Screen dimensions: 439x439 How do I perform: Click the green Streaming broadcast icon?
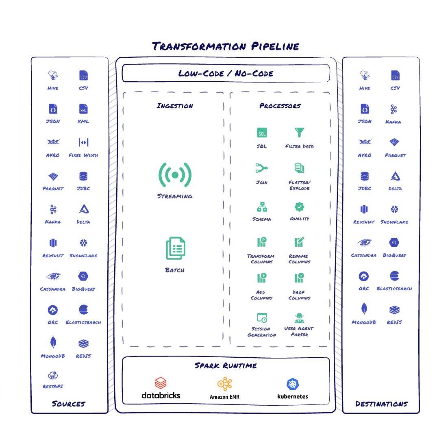175,175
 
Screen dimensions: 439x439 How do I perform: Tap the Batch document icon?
176,248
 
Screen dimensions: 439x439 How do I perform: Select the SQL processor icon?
262,133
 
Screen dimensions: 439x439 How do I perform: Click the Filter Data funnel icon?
299,133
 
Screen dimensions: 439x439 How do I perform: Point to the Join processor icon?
262,168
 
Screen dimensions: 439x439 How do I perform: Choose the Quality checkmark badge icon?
299,207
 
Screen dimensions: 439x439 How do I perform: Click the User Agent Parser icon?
299,318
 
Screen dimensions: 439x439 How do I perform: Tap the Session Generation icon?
262,318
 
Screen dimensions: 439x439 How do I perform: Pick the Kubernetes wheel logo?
293,384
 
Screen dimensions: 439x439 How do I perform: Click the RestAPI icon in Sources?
53,376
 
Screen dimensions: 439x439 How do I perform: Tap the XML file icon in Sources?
83,109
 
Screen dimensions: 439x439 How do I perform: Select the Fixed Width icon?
83,142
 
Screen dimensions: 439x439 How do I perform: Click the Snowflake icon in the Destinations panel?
394,209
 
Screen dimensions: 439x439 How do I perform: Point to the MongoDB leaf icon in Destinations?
364,309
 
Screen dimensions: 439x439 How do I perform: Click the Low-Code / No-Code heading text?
226,73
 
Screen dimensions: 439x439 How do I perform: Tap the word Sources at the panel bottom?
69,404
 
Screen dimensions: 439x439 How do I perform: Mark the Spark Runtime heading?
226,366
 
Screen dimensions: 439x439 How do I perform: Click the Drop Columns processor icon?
299,278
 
